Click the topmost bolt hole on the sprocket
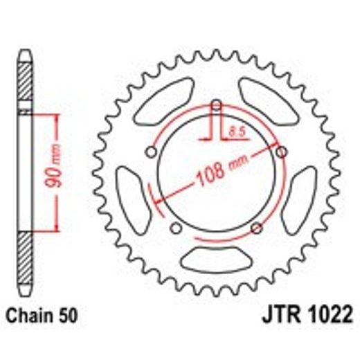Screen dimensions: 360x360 pyautogui.click(x=216, y=106)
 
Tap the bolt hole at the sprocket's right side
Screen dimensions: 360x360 pyautogui.click(x=280, y=151)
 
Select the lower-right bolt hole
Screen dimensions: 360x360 pyautogui.click(x=257, y=228)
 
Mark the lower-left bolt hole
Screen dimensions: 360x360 pyautogui.click(x=175, y=228)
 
